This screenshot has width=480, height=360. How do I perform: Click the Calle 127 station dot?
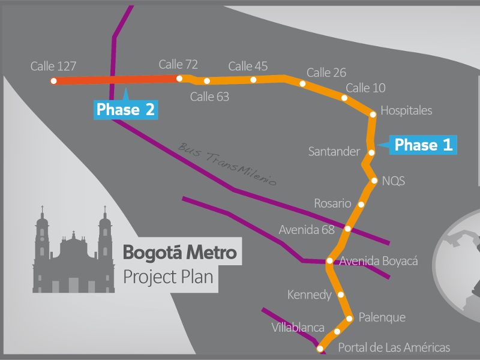54,81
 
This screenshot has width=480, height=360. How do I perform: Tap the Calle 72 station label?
178,64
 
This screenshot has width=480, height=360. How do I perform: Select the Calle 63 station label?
209,96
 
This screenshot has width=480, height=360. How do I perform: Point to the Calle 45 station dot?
253,80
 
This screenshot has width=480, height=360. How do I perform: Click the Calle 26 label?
326,73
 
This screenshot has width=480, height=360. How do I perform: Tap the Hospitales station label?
406,110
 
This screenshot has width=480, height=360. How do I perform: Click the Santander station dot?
371,152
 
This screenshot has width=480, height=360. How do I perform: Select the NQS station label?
394,181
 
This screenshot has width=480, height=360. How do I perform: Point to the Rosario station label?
332,203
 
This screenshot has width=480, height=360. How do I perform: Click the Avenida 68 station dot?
348,229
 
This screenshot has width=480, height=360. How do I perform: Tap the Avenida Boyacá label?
379,261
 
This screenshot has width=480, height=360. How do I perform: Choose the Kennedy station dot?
341,295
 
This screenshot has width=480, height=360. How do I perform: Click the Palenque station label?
382,317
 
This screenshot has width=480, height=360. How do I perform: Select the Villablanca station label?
298,328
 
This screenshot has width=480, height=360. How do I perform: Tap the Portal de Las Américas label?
394,347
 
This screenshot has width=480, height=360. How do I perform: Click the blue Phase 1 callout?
424,145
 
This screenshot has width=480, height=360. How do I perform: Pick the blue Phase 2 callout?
126,110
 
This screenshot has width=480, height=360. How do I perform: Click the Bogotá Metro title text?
180,253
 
